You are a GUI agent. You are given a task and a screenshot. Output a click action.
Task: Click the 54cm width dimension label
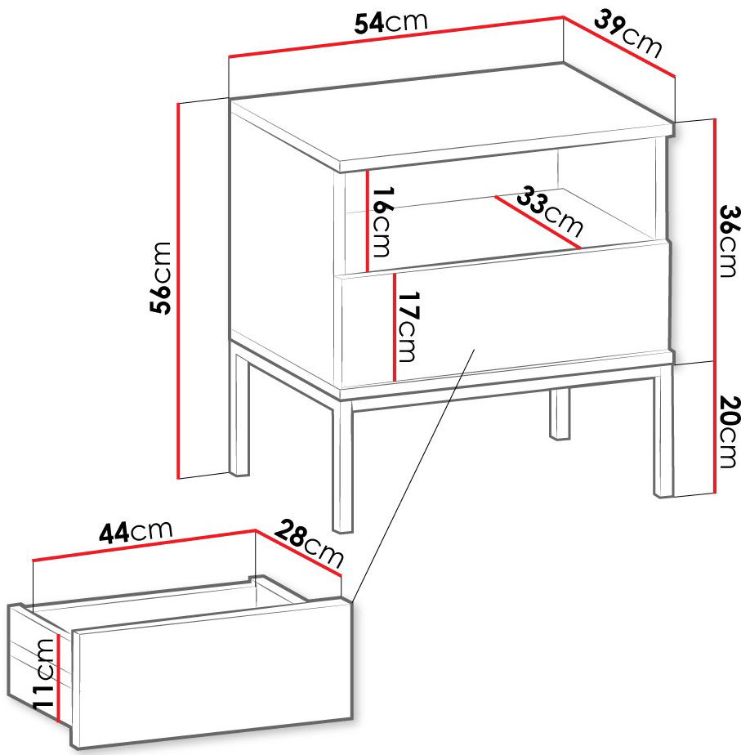tap(391, 23)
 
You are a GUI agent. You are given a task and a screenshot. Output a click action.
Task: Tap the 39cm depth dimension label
tap(628, 34)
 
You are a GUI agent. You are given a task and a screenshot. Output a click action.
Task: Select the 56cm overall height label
tap(160, 279)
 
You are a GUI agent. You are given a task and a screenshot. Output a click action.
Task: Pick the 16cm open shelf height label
tap(382, 221)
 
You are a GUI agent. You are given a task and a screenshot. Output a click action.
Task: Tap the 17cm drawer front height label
tap(408, 327)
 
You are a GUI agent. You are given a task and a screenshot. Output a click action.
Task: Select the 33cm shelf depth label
tap(550, 211)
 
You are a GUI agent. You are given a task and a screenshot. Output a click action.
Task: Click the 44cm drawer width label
tap(136, 532)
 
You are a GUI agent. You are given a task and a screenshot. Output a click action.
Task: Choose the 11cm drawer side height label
tap(44, 673)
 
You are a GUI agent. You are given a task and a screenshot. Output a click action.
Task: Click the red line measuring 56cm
tap(178, 291)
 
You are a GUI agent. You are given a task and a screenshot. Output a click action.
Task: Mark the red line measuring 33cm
tap(538, 222)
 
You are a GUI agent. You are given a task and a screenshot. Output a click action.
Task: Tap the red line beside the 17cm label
tap(394, 327)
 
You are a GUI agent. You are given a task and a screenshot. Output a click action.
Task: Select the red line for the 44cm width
tap(144, 545)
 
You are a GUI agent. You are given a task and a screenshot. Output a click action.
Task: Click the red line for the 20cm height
tap(716, 427)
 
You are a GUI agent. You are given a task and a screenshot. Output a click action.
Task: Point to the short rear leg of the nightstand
tap(560, 413)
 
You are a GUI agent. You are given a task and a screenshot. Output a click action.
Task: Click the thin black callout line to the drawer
tap(413, 476)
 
